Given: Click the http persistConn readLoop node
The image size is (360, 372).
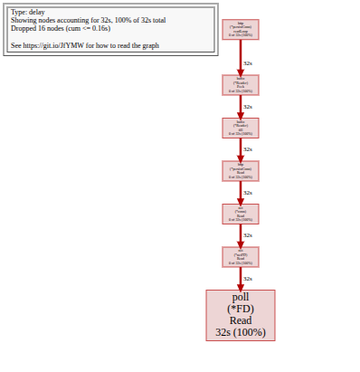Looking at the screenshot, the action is [x=241, y=30].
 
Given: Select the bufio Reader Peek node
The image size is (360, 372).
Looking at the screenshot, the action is [x=241, y=84].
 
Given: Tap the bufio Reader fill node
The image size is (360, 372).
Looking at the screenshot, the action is [x=241, y=128].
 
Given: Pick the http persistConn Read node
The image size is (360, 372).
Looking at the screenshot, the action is [x=241, y=170].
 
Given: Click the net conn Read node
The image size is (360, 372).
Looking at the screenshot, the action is [x=241, y=214].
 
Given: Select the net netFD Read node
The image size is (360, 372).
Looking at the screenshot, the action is [x=241, y=256].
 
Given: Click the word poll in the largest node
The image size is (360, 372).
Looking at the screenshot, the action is [x=241, y=297].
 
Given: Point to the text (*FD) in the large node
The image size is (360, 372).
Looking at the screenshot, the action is [x=241, y=309].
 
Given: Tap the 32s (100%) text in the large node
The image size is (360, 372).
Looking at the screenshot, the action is [x=241, y=332].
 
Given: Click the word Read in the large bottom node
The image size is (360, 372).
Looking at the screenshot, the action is [x=241, y=320].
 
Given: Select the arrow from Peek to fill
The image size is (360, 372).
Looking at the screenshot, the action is [x=241, y=106].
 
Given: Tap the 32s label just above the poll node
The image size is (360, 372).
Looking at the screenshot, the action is [x=248, y=279].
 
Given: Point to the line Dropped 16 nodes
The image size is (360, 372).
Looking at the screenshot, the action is [x=54, y=27].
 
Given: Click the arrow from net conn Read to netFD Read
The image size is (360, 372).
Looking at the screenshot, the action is [x=241, y=234].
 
